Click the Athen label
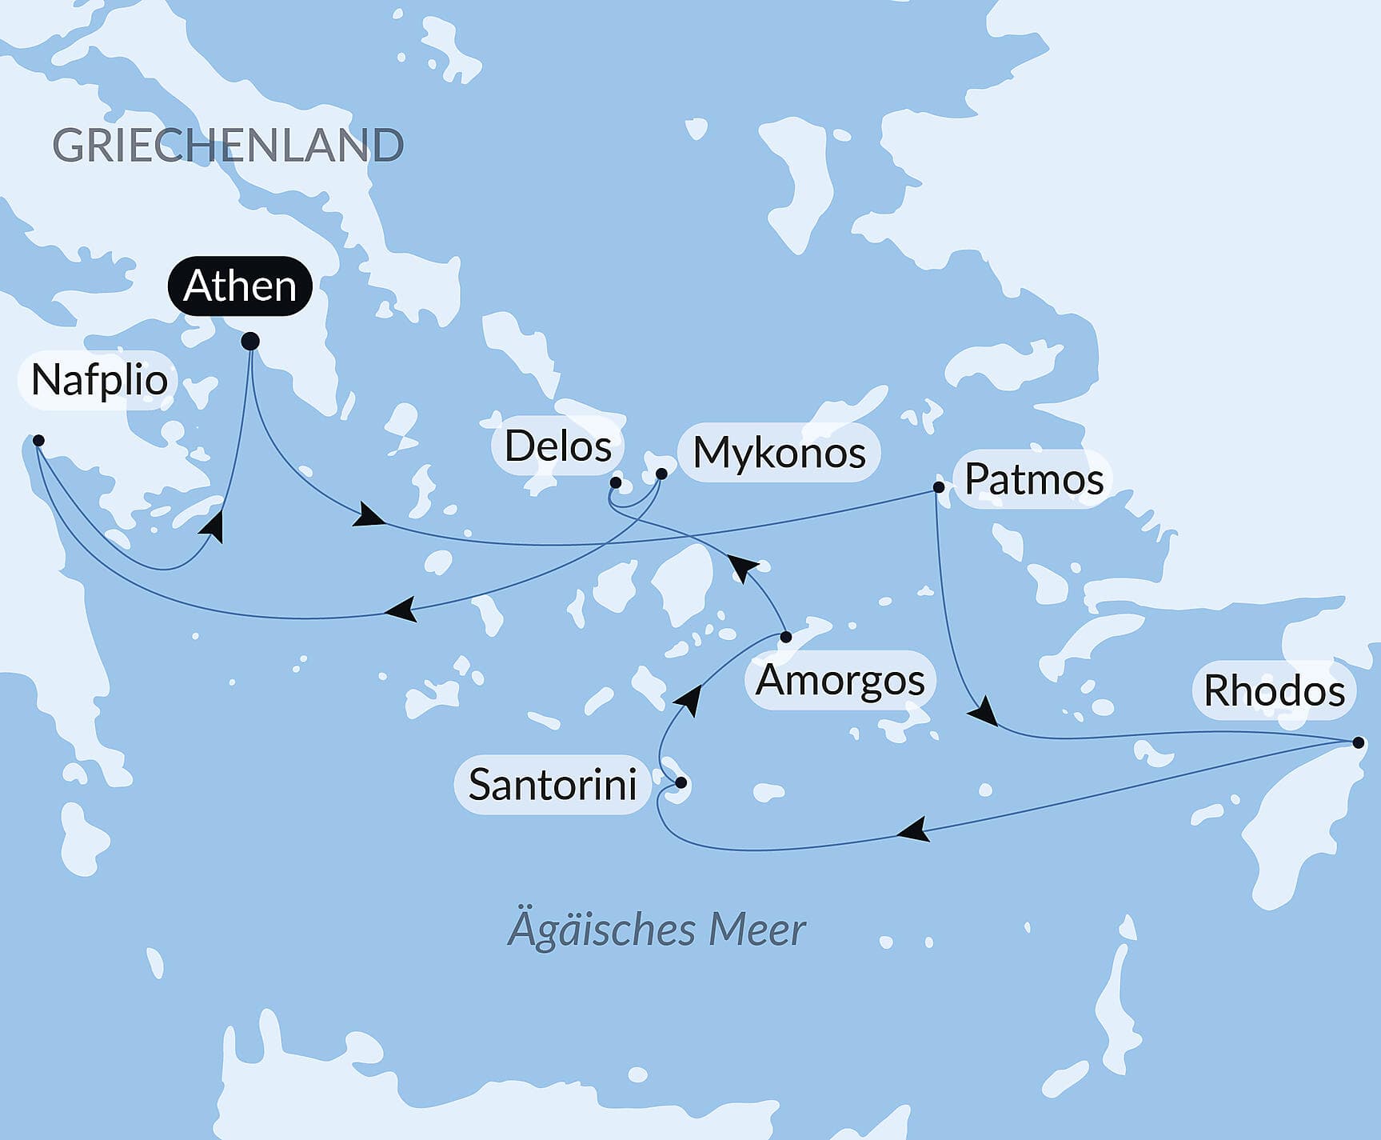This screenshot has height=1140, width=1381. coord(239,286)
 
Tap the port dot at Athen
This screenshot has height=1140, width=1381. coord(250,342)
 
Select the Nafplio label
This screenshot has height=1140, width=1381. coord(99,379)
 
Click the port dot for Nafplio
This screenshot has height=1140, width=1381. coord(38,441)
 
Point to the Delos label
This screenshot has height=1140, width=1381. coord(557,446)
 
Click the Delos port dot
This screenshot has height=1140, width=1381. coord(616,482)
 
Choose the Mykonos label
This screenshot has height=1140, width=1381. coord(779,452)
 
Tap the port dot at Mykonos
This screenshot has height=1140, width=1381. coord(661,474)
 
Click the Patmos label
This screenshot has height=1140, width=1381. coord(1033,479)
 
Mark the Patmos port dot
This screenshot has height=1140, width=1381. coord(939,486)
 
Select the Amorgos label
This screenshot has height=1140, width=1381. coord(840,680)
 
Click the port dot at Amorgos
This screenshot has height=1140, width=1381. coord(786,637)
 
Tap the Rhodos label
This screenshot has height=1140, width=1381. coord(1274,690)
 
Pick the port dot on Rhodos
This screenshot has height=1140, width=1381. coord(1358,742)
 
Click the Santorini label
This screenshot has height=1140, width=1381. coord(552,784)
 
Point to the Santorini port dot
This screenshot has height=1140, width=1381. coord(681,782)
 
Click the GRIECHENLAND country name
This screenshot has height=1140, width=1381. coord(228,146)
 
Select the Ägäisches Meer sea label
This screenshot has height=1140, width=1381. coord(657,930)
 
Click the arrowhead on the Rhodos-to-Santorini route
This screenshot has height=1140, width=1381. coord(913,830)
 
